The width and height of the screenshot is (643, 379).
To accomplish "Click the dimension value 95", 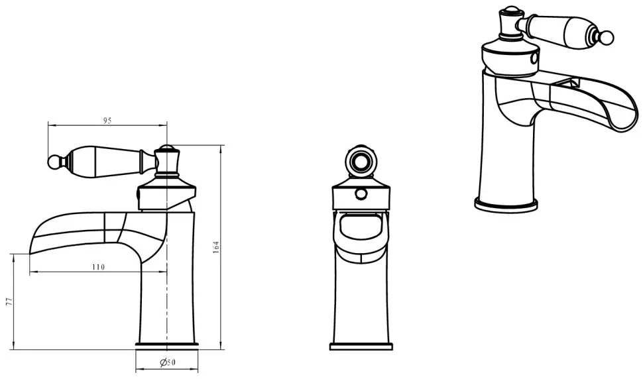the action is pos(107,121).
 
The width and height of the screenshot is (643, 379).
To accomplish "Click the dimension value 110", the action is pos(98,267).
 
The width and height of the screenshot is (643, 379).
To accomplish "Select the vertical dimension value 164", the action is pos(216,247).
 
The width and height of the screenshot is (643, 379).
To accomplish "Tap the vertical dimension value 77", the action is pos(9,302).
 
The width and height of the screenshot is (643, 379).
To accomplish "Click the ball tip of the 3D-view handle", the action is pos(608,37).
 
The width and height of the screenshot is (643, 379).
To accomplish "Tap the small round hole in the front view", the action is pos(361,193).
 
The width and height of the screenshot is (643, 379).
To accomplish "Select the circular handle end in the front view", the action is pos(361,160).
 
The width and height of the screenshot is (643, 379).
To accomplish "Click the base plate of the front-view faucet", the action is pos(361,347).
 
